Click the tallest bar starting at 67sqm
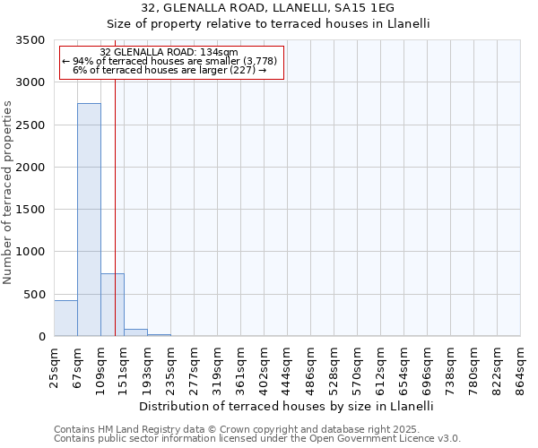pos(89,220)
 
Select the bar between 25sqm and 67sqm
pos(65,318)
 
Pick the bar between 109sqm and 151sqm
pos(112,305)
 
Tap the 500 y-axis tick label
pos(35,295)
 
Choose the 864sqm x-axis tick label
pos(521,366)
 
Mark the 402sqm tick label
pos(265,366)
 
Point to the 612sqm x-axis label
pos(381,366)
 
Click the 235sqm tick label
pos(171,366)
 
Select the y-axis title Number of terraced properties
pos(8,193)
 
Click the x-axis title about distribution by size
pos(287,406)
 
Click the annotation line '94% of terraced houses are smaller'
pos(170,61)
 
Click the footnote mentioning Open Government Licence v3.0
pos(257,439)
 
